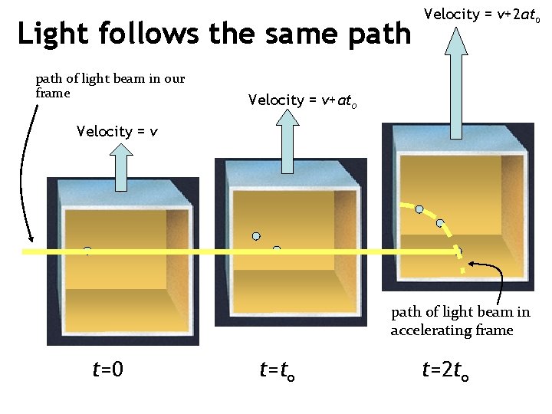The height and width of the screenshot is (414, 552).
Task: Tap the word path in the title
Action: (380, 34)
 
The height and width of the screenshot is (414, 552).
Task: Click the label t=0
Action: (108, 370)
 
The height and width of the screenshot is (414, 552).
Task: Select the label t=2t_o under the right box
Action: (445, 371)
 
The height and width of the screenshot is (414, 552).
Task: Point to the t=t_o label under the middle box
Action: (278, 371)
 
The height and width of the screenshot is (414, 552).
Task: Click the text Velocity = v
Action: (117, 131)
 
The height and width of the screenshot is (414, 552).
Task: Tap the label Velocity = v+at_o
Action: (302, 100)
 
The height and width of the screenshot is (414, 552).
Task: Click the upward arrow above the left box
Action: (123, 166)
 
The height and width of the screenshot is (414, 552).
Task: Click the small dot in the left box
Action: (87, 250)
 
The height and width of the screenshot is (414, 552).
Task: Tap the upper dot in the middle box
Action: (256, 235)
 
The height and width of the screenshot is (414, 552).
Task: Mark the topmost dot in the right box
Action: (419, 209)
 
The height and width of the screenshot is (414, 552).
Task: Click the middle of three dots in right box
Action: (440, 223)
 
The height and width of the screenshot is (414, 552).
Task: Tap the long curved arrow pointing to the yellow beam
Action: (23, 176)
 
